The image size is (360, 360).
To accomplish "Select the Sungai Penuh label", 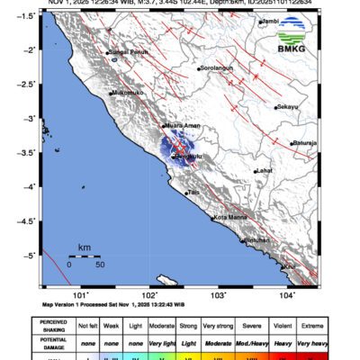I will click(x=127, y=52).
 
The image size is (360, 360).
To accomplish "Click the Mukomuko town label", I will click(x=128, y=93).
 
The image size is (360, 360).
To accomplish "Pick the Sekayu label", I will click(x=287, y=107).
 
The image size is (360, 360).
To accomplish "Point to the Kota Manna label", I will click(x=230, y=217).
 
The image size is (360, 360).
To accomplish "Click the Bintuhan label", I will click(x=257, y=240).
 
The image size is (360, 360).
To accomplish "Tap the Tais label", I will click(x=193, y=193).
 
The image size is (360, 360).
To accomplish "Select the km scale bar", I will click(x=85, y=256).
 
